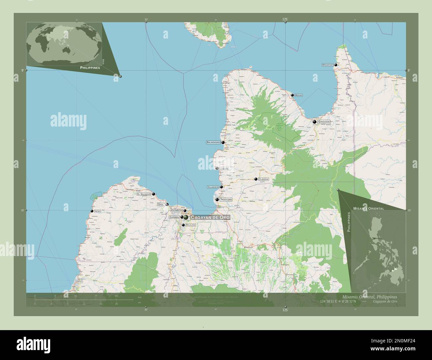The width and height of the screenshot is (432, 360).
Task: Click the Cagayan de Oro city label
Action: [x=210, y=217]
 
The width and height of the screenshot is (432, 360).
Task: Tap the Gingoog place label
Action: [x=324, y=122]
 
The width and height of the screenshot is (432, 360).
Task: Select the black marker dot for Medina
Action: [x=292, y=95]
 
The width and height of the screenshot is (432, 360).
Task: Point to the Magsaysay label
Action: [x=327, y=65]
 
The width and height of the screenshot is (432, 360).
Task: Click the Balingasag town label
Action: [x=213, y=142]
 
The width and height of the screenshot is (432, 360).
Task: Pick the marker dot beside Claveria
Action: [x=256, y=179]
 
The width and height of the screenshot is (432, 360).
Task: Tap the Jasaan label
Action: [x=224, y=169]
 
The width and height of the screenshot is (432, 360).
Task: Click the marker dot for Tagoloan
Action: [x=217, y=200]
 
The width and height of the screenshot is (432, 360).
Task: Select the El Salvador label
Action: [x=144, y=194]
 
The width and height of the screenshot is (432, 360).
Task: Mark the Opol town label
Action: [x=161, y=205]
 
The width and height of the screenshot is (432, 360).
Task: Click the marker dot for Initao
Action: [x=92, y=211]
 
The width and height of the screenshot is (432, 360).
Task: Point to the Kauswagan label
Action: [x=176, y=211]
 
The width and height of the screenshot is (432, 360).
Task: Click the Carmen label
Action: [x=174, y=217]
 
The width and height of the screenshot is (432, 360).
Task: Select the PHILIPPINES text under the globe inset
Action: [x=90, y=67]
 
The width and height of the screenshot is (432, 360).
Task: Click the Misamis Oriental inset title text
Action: [x=369, y=209]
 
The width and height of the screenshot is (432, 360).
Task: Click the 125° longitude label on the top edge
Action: [x=285, y=20]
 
